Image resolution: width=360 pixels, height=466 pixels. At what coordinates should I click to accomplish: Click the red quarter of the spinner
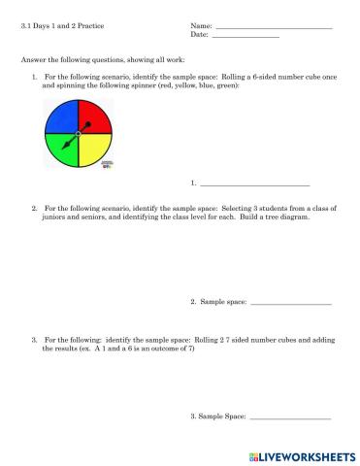coord(93,118)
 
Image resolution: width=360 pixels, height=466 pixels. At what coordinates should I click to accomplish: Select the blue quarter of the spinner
coord(61,118)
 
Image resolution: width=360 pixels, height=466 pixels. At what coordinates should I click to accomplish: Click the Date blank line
coord(245,37)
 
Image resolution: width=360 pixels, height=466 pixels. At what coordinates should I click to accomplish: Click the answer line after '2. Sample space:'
coord(290,305)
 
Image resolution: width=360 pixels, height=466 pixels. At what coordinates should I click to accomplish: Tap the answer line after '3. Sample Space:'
coord(290,418)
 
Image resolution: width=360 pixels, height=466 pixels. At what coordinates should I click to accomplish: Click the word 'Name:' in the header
coord(201,26)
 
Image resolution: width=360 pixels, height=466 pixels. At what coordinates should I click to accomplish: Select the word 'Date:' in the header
coord(200,35)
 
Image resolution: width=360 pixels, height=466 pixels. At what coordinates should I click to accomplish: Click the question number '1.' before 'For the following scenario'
coord(35,76)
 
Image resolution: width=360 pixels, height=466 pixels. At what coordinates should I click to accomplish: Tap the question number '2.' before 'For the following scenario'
coord(35,208)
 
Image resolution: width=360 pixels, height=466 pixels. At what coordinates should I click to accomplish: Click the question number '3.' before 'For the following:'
coord(35,341)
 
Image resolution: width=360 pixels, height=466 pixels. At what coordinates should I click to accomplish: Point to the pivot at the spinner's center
coord(78,133)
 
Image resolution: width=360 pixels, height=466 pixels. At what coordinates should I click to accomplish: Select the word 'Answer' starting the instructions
coord(32,60)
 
